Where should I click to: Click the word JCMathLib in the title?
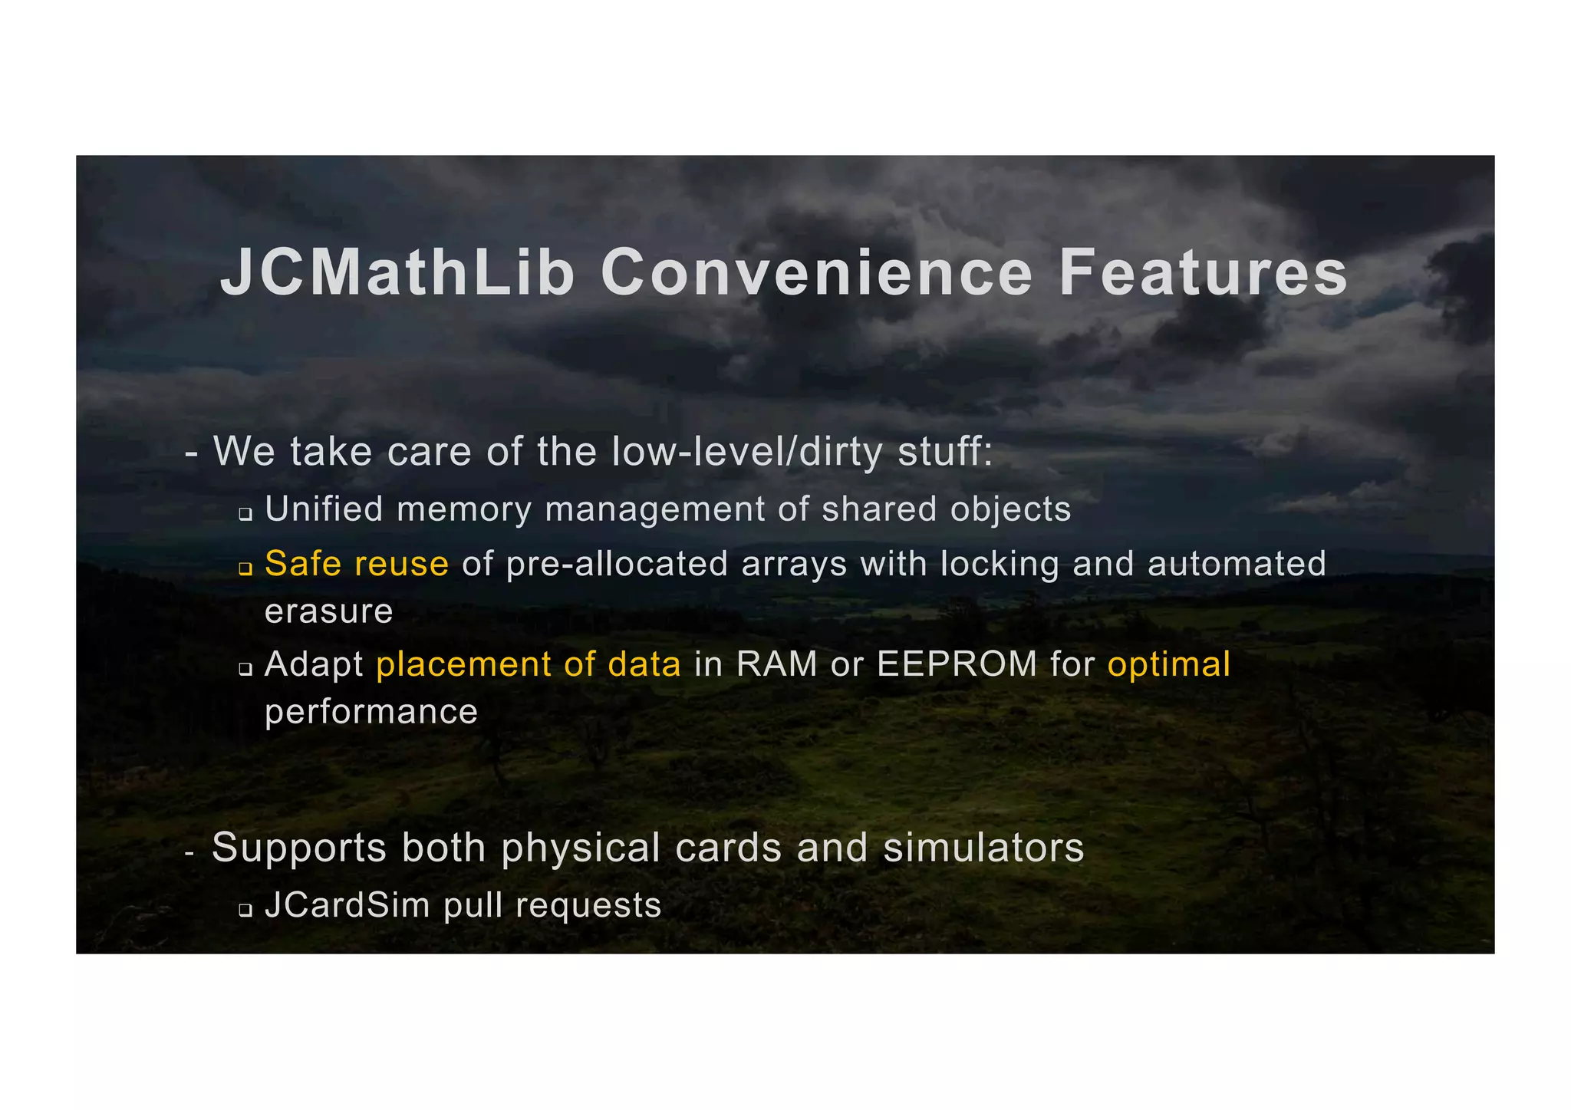pyautogui.click(x=397, y=273)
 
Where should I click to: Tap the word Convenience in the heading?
pyautogui.click(x=817, y=273)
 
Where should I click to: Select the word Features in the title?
pyautogui.click(x=1203, y=273)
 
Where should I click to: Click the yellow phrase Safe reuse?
pyautogui.click(x=357, y=564)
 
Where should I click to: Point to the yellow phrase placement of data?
pyautogui.click(x=529, y=664)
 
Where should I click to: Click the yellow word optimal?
pyautogui.click(x=1168, y=664)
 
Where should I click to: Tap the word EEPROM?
pyautogui.click(x=957, y=664)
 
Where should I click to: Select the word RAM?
pyautogui.click(x=776, y=664)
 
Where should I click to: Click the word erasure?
pyautogui.click(x=329, y=612)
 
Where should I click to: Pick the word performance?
pyautogui.click(x=371, y=712)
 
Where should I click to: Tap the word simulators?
pyautogui.click(x=983, y=848)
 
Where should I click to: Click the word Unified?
pyautogui.click(x=324, y=509)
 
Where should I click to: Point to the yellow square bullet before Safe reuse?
pyautogui.click(x=245, y=569)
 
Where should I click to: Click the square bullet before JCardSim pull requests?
pyautogui.click(x=245, y=911)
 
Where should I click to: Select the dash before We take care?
pyautogui.click(x=192, y=453)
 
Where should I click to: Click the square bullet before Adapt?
pyautogui.click(x=245, y=669)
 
